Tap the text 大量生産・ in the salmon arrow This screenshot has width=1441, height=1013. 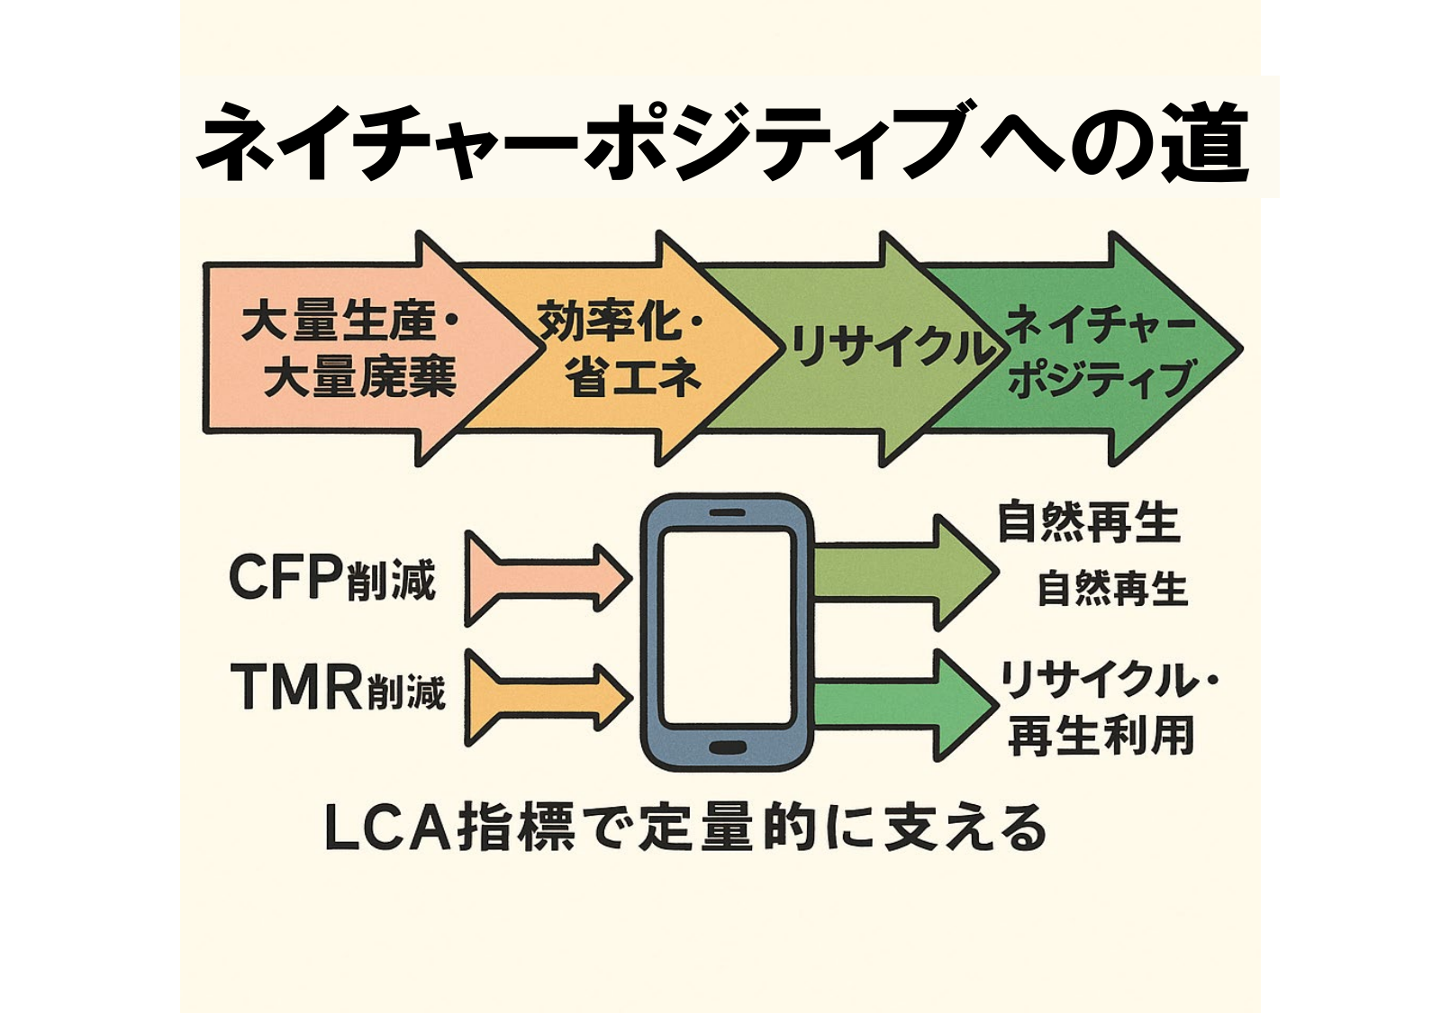pos(349,322)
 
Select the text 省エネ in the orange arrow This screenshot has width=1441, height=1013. pos(633,376)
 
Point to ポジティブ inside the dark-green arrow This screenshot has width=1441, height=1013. pos(1101,379)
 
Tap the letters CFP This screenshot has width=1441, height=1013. pos(285,577)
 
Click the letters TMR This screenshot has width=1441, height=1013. pos(297,686)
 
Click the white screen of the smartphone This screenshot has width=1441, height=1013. pos(726,629)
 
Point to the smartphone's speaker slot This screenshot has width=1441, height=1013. pos(727,513)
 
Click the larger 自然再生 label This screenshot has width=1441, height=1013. pos(1088,523)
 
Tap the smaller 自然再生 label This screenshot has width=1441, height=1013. pos(1112,589)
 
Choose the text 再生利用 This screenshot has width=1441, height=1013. pos(1101,736)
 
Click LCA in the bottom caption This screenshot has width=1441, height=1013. pos(387,828)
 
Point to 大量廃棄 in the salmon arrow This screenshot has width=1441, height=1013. pos(360,376)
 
